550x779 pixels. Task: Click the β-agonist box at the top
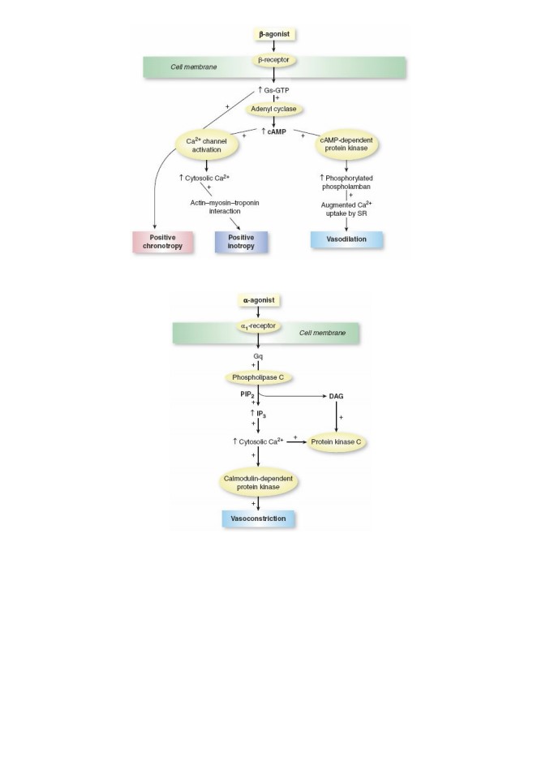pyautogui.click(x=273, y=34)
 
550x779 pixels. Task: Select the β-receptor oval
pyautogui.click(x=273, y=60)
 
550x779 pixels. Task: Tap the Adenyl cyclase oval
pyautogui.click(x=273, y=110)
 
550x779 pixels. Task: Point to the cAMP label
pyautogui.click(x=274, y=131)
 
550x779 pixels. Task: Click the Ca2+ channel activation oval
pyautogui.click(x=206, y=145)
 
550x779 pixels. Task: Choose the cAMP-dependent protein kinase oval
pyautogui.click(x=346, y=144)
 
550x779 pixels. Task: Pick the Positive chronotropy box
pyautogui.click(x=162, y=242)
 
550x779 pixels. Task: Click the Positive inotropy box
pyautogui.click(x=241, y=242)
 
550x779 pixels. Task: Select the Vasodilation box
pyautogui.click(x=346, y=239)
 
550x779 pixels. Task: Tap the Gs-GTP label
pyautogui.click(x=273, y=90)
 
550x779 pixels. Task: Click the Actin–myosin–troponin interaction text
pyautogui.click(x=225, y=207)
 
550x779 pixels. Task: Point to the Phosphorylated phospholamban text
pyautogui.click(x=346, y=183)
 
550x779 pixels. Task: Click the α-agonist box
pyautogui.click(x=258, y=300)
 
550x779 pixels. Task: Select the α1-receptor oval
pyautogui.click(x=258, y=326)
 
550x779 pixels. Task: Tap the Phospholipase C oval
pyautogui.click(x=258, y=377)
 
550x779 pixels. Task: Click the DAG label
pyautogui.click(x=336, y=397)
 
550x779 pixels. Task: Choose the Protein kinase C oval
pyautogui.click(x=336, y=441)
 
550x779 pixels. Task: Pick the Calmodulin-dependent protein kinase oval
pyautogui.click(x=258, y=483)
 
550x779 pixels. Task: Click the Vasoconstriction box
pyautogui.click(x=258, y=519)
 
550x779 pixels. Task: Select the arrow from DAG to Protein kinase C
pyautogui.click(x=337, y=417)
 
